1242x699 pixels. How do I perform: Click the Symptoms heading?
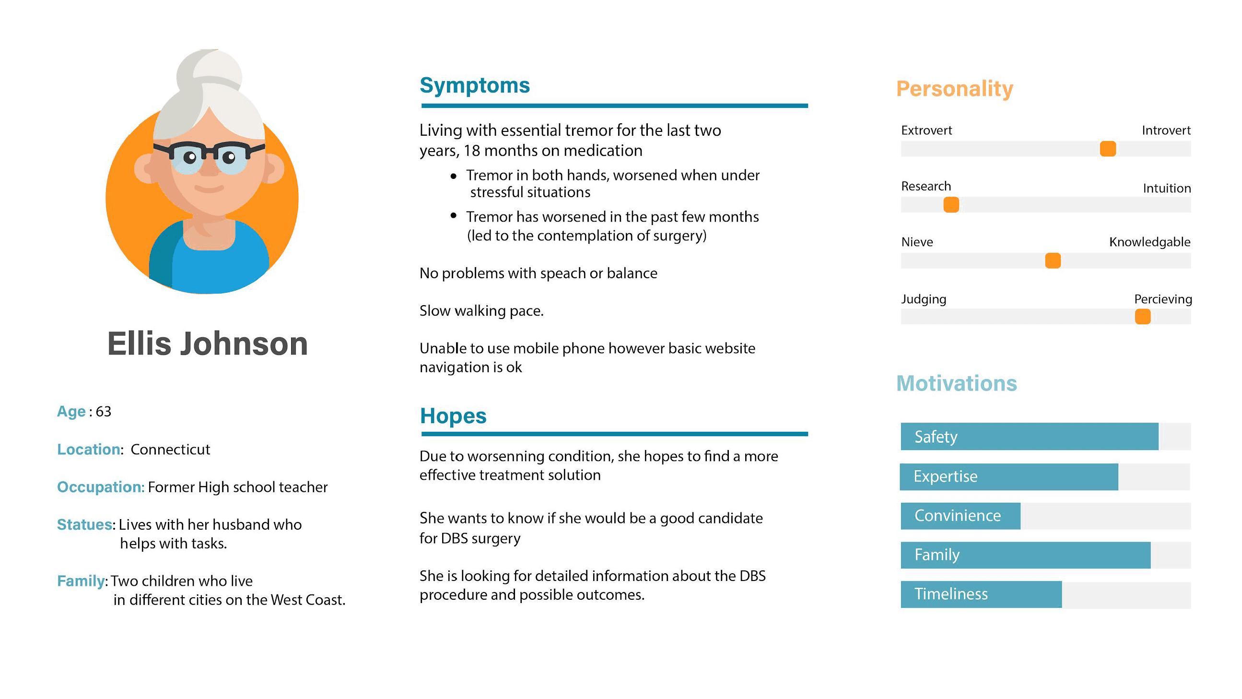click(474, 85)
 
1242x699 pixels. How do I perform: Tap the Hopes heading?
click(453, 416)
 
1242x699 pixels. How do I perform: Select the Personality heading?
click(954, 89)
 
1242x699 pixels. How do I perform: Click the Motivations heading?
click(956, 383)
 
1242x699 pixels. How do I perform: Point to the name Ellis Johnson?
click(207, 344)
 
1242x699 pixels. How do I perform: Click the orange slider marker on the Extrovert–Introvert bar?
click(1107, 149)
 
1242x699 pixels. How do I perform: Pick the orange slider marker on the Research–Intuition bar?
click(951, 205)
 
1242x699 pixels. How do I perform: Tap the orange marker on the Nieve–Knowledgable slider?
click(1053, 261)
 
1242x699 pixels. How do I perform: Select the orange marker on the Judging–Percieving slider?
click(1142, 317)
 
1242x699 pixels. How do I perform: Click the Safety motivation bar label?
click(936, 437)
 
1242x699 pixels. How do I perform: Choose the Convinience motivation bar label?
click(957, 516)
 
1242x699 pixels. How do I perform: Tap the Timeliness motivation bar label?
click(951, 594)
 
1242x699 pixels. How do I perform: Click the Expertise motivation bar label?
click(945, 476)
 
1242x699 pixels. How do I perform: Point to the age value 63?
click(103, 412)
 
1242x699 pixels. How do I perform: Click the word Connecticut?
click(170, 450)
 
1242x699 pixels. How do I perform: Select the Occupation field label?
click(100, 487)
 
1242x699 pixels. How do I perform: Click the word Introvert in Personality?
click(1166, 130)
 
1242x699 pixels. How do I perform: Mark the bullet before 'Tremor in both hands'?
click(453, 177)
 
